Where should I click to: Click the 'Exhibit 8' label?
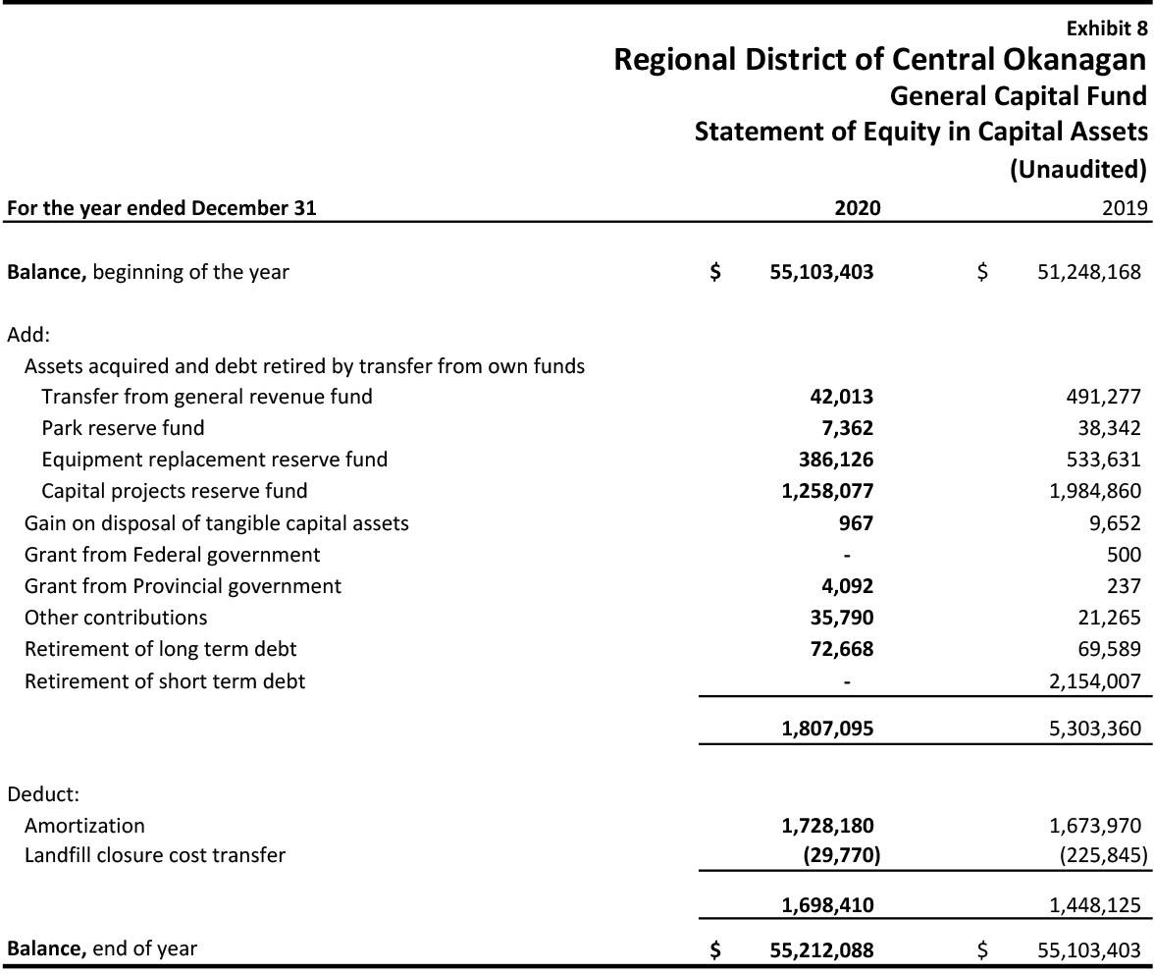[x=1106, y=27]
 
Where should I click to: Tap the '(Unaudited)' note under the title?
[x=1077, y=169]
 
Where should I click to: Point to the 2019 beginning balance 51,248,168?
[x=1088, y=272]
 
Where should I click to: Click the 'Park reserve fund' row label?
[x=123, y=428]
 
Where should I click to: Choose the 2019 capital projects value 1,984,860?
[x=1095, y=491]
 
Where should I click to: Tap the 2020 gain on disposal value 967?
[x=856, y=523]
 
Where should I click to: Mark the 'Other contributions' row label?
[x=116, y=618]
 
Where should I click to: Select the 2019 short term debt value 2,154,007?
[x=1095, y=681]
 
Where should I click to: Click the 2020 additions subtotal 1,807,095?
[x=827, y=729]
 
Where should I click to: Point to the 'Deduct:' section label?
[x=43, y=794]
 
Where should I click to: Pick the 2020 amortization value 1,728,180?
[x=827, y=826]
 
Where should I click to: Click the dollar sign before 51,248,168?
[x=982, y=272]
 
